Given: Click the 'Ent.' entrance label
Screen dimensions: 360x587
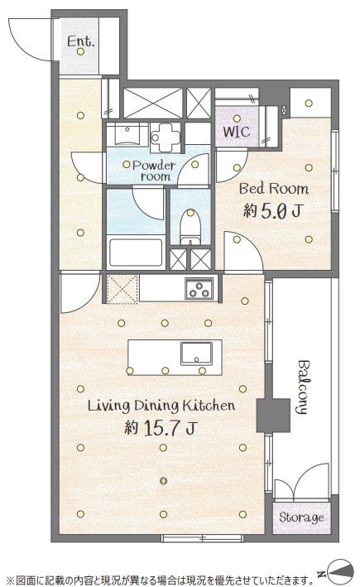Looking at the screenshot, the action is coord(81,41).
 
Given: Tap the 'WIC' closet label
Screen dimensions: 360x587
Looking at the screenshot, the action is coord(237,132).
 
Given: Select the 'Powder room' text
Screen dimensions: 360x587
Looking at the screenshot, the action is coord(154,171).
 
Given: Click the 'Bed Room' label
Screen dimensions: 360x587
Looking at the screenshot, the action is coord(274,188).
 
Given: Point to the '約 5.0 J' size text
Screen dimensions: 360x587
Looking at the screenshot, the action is coord(272,211).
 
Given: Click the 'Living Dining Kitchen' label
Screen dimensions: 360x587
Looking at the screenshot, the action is coord(161,406).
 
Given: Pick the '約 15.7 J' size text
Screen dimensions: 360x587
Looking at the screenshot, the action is coord(161,427).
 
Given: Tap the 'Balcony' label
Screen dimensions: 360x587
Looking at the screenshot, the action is coord(304,387).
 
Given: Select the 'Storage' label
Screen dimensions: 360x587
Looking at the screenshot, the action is coord(301,517).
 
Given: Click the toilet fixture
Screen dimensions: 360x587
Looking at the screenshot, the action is coord(190,227).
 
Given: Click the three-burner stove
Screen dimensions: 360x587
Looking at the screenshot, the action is coord(199,288).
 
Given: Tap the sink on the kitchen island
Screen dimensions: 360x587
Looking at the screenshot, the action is coord(196,354).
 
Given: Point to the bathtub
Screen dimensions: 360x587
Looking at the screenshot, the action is coord(136,253).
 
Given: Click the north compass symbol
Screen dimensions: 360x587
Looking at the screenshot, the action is coord(339,573).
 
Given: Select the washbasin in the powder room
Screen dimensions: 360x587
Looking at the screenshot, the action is coord(127,134).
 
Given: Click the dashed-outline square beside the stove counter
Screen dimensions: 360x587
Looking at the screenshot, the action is coord(122,288).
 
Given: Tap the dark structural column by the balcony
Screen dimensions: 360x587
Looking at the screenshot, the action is coord(273,415).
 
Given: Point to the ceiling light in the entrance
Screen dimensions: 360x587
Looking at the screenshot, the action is coord(80,51).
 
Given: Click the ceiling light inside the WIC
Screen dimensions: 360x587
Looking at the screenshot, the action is coord(237,119).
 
